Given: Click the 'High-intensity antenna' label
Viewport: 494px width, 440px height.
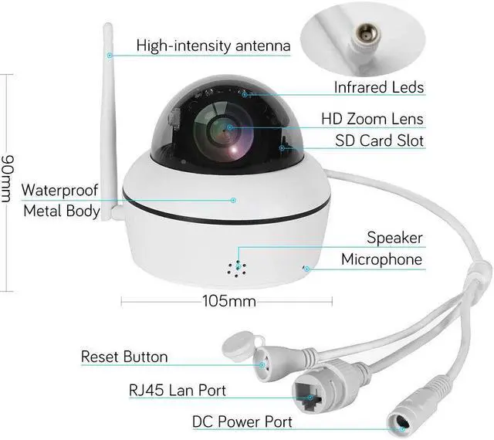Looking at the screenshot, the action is pyautogui.click(x=213, y=46).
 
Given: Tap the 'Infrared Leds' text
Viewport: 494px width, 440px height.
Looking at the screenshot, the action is pyautogui.click(x=378, y=87).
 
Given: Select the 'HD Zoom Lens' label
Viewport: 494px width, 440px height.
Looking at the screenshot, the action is pyautogui.click(x=372, y=119).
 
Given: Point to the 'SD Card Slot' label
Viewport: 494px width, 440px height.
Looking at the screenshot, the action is pyautogui.click(x=379, y=140).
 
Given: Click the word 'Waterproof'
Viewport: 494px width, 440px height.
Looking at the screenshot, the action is pyautogui.click(x=60, y=190).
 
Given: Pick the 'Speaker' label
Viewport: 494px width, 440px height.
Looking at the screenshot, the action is pyautogui.click(x=394, y=238).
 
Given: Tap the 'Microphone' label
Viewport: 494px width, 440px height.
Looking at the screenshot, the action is pyautogui.click(x=382, y=259).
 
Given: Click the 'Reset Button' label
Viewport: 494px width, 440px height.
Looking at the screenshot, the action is pyautogui.click(x=124, y=357).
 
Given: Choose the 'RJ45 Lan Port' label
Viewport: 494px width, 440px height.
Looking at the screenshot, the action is pyautogui.click(x=177, y=390).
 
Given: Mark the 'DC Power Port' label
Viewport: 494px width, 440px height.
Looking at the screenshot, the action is pyautogui.click(x=242, y=421).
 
